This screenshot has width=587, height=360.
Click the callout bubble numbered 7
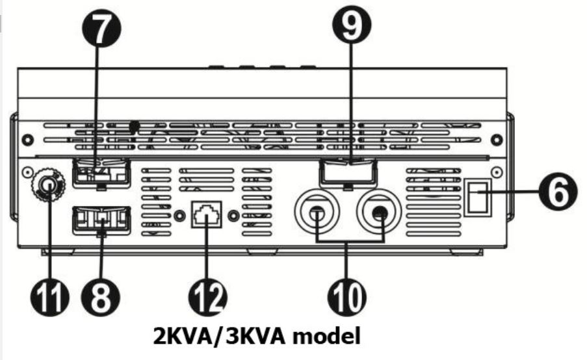tap(101, 27)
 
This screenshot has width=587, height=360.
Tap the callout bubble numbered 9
tap(352, 24)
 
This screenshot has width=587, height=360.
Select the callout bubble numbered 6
tap(558, 193)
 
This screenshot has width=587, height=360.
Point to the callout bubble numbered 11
tap(50, 297)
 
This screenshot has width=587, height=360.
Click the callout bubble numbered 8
tap(100, 297)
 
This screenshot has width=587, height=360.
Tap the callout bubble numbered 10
tap(347, 297)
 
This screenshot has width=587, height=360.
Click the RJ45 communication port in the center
tap(207, 214)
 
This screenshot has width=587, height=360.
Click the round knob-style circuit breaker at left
tap(48, 185)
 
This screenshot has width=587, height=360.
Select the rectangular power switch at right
tap(478, 197)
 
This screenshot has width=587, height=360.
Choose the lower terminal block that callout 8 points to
tap(101, 220)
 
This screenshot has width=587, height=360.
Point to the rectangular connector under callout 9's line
tap(348, 174)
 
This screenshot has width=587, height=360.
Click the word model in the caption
tap(326, 336)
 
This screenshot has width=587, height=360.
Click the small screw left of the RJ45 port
tap(180, 216)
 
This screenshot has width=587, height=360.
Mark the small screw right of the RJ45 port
tap(233, 216)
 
